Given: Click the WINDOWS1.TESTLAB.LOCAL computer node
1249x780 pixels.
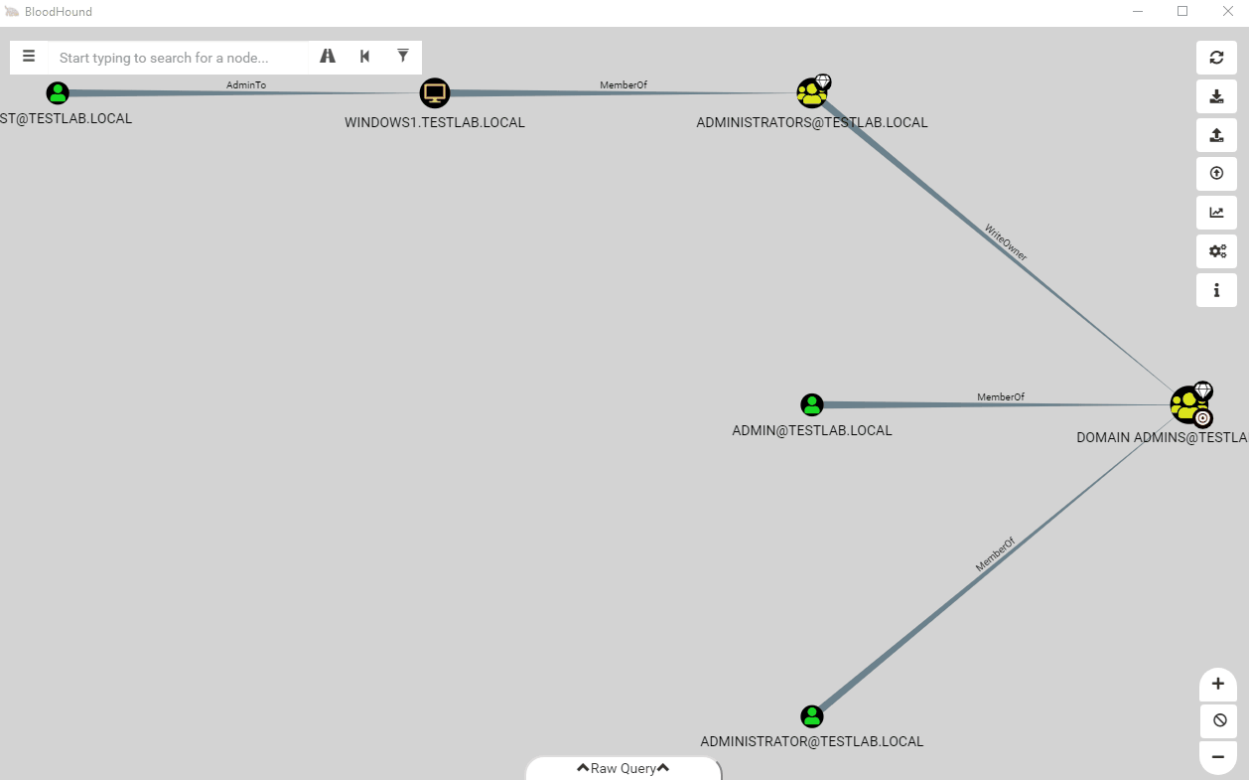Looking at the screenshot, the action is click(x=434, y=92).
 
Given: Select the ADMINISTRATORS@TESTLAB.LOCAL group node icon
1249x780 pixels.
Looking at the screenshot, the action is click(x=811, y=92).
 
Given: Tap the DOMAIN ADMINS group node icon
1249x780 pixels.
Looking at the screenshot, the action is click(x=1187, y=405).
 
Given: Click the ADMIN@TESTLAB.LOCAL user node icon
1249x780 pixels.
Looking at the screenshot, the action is click(x=811, y=404).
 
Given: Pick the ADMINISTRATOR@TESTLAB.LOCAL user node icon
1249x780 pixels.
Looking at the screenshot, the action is click(x=811, y=716).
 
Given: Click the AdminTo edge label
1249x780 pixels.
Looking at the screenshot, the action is click(x=246, y=84).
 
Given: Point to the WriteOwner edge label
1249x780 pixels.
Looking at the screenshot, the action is click(x=1006, y=242).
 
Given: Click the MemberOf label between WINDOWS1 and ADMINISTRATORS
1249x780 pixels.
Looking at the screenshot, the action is click(x=624, y=84).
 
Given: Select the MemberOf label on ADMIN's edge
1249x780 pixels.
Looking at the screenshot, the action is click(x=1001, y=396).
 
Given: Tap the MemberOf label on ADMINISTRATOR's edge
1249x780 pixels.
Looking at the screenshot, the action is click(x=995, y=554).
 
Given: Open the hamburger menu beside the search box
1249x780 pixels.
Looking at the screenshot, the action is click(x=29, y=57).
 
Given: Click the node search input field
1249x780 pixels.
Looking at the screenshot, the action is click(x=179, y=58).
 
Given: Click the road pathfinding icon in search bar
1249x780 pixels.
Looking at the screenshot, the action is click(x=328, y=56).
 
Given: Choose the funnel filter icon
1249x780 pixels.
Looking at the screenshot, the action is click(x=402, y=56).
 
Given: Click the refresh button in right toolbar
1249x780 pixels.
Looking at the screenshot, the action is click(x=1216, y=58).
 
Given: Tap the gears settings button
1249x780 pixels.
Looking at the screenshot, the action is click(x=1216, y=251).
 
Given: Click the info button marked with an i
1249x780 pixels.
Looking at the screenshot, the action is click(x=1216, y=290).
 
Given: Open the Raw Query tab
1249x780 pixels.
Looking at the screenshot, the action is click(x=624, y=768).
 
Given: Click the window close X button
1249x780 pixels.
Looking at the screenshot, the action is click(x=1228, y=11).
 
